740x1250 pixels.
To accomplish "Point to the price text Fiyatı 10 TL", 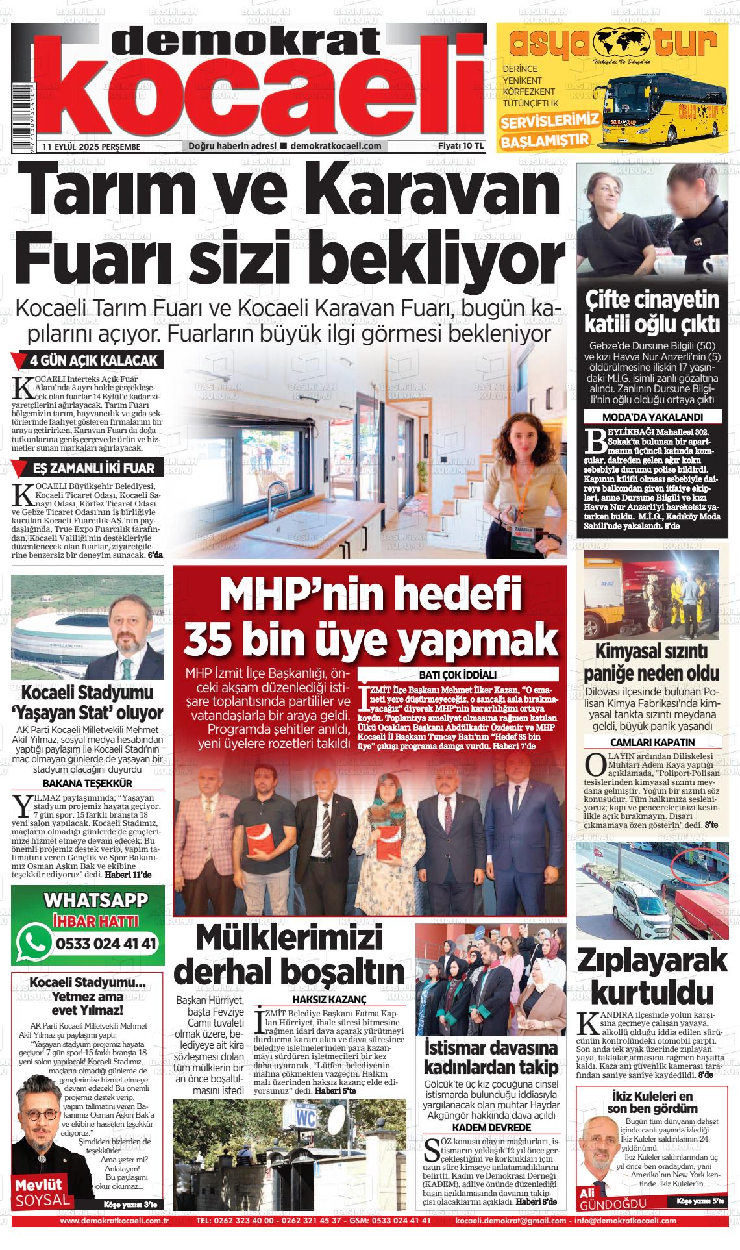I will (x=461, y=146).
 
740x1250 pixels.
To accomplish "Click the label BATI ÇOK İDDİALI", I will (x=458, y=674).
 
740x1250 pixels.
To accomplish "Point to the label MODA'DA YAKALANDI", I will (x=652, y=418).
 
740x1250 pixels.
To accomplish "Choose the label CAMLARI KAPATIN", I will (x=652, y=742).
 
